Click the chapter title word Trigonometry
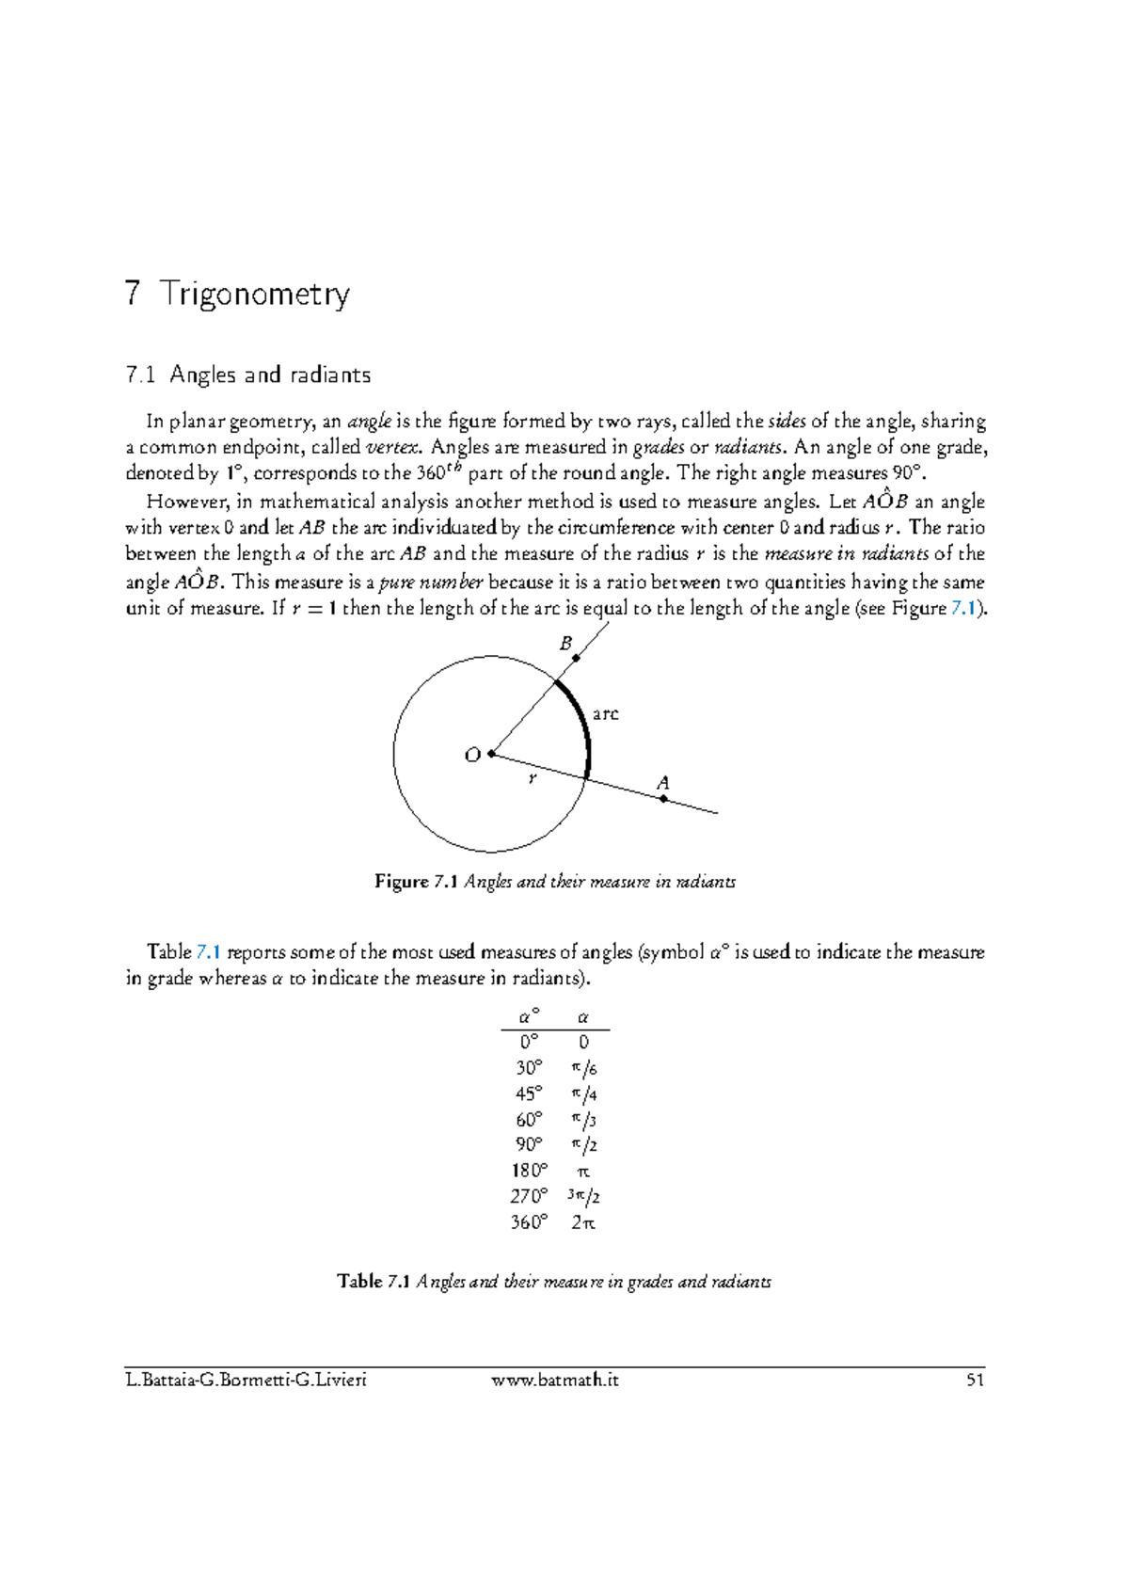click(254, 295)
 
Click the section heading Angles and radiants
click(270, 375)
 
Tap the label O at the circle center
click(472, 755)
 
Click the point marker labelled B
click(576, 658)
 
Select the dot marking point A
click(663, 799)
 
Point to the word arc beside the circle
click(605, 714)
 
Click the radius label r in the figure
click(533, 778)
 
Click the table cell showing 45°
click(529, 1093)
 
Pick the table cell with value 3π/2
click(583, 1197)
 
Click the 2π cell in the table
click(583, 1222)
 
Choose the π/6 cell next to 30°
click(583, 1068)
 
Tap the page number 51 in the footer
click(975, 1381)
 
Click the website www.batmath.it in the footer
click(555, 1381)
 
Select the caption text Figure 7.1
click(416, 882)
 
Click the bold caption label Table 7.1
click(374, 1282)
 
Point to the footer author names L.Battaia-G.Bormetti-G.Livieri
click(246, 1381)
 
